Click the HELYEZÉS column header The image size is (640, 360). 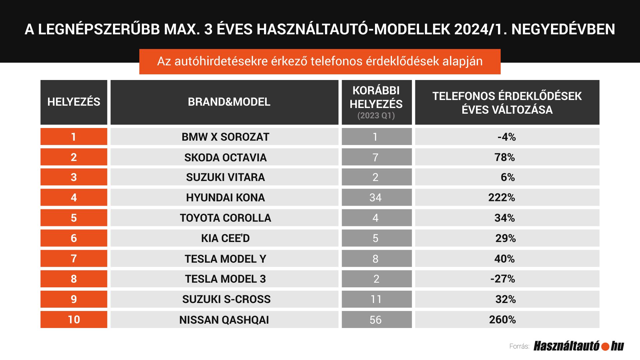coord(74,102)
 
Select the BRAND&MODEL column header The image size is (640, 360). coord(229,102)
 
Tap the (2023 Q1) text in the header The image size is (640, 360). coord(376,116)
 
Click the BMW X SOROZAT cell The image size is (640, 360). coord(225,137)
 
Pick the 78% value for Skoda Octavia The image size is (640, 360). coord(505,157)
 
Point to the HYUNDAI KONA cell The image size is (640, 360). coord(225,198)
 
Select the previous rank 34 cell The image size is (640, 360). coord(376,198)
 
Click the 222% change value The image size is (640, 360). coord(502,198)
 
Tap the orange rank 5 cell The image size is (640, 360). coord(74,218)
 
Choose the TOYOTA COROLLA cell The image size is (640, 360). coord(225,218)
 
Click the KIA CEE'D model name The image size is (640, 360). coord(225,238)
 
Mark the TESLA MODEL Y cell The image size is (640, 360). coord(225,259)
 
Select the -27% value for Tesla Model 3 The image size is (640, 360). coord(503,279)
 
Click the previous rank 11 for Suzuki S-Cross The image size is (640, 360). coord(376,299)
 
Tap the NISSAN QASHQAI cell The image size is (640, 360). coord(224,320)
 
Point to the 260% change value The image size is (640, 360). coord(502,320)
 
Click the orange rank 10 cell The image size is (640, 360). coord(74,320)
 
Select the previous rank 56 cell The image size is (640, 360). coord(376,320)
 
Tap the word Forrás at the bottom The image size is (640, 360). coord(519,347)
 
